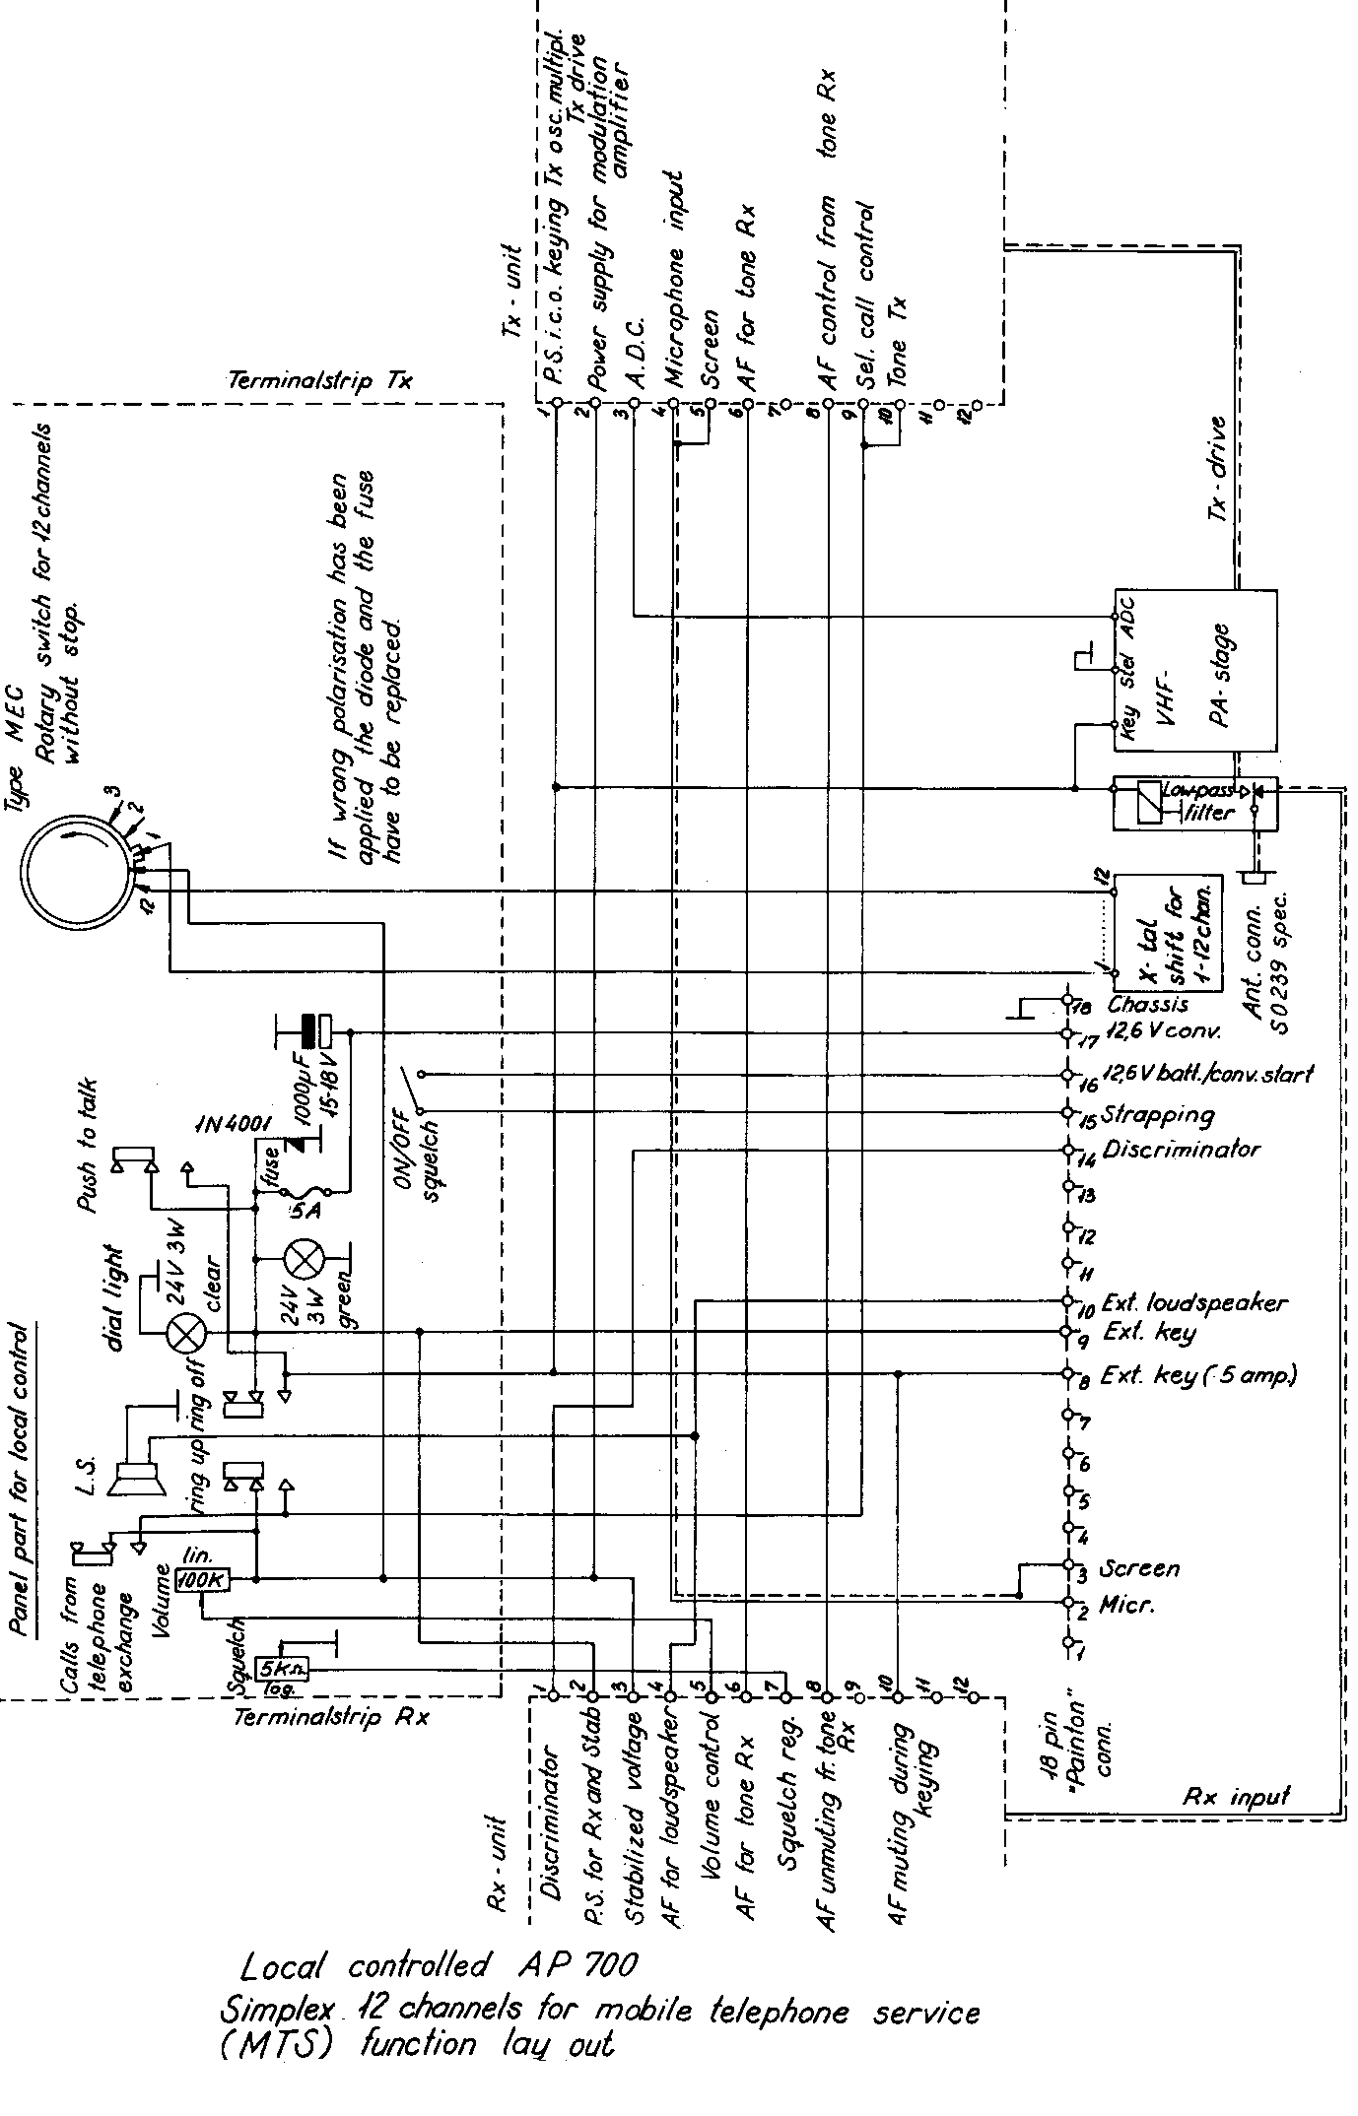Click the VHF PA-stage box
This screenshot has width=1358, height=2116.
(x=1194, y=671)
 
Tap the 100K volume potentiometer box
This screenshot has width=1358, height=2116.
(x=203, y=1580)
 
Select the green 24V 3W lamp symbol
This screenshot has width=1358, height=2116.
(x=299, y=1258)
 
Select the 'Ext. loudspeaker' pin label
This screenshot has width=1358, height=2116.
(x=1193, y=1302)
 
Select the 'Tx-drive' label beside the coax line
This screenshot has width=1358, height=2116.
(x=1219, y=468)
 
